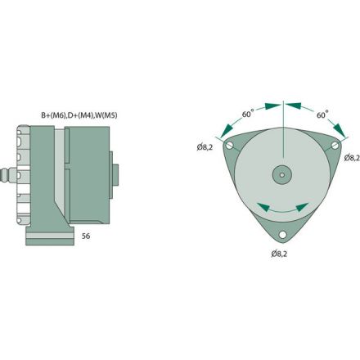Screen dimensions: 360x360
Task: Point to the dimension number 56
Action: pyautogui.click(x=85, y=236)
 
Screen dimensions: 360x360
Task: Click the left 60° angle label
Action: pyautogui.click(x=248, y=115)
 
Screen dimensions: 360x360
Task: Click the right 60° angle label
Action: pyautogui.click(x=322, y=115)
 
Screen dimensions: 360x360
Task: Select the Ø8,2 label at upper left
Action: pyautogui.click(x=205, y=147)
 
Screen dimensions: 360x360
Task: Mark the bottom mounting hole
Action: pyautogui.click(x=282, y=236)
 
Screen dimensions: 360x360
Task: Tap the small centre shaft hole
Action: pyautogui.click(x=282, y=173)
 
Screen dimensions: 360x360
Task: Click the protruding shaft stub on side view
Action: pyautogui.click(x=115, y=173)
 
